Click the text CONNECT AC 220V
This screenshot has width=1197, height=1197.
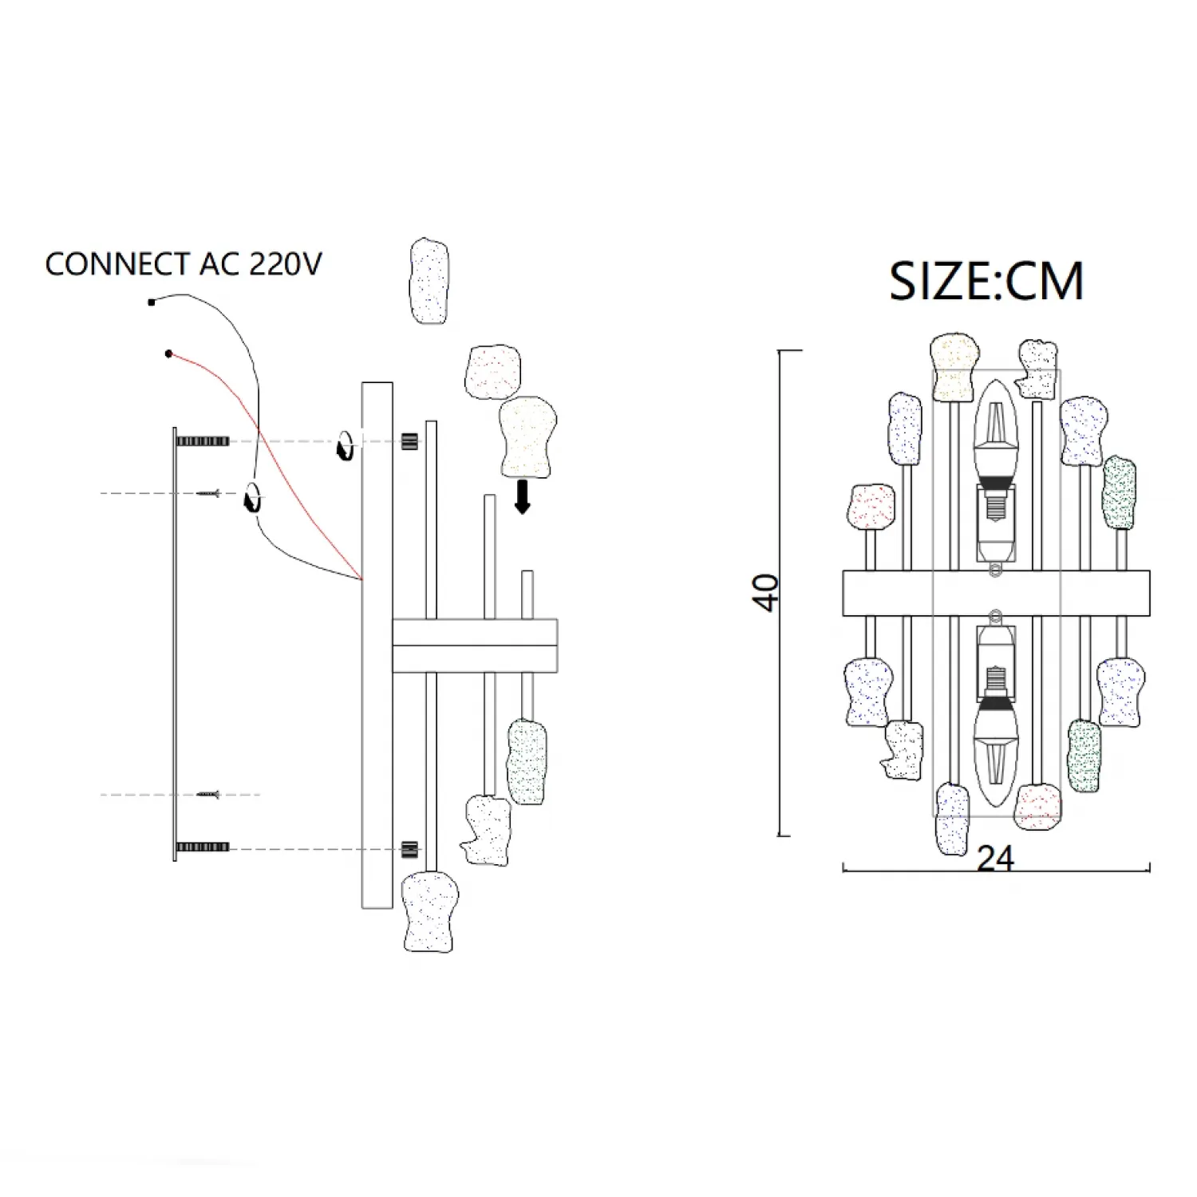pyautogui.click(x=184, y=264)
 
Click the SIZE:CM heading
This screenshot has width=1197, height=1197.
pyautogui.click(x=986, y=281)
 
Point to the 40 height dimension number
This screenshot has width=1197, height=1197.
pyautogui.click(x=767, y=592)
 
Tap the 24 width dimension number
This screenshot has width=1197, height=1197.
pyautogui.click(x=996, y=859)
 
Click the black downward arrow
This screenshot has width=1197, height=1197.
pyautogui.click(x=523, y=496)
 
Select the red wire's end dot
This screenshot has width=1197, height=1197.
pyautogui.click(x=168, y=354)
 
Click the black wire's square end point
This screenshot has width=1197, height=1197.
pyautogui.click(x=152, y=302)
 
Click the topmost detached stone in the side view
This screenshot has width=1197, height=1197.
pyautogui.click(x=429, y=281)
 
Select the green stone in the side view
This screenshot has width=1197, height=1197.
pyautogui.click(x=527, y=760)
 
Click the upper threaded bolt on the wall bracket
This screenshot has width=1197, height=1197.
pyautogui.click(x=203, y=441)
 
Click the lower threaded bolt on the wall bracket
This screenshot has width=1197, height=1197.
pyautogui.click(x=203, y=847)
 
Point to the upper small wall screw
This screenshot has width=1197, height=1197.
pyautogui.click(x=208, y=494)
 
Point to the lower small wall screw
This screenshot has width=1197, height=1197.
pyautogui.click(x=208, y=795)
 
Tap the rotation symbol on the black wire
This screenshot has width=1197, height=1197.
pyautogui.click(x=252, y=498)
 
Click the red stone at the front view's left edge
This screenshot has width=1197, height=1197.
pyautogui.click(x=871, y=508)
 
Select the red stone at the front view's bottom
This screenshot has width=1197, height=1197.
pyautogui.click(x=1038, y=806)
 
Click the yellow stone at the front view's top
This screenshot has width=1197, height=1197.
pyautogui.click(x=954, y=368)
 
